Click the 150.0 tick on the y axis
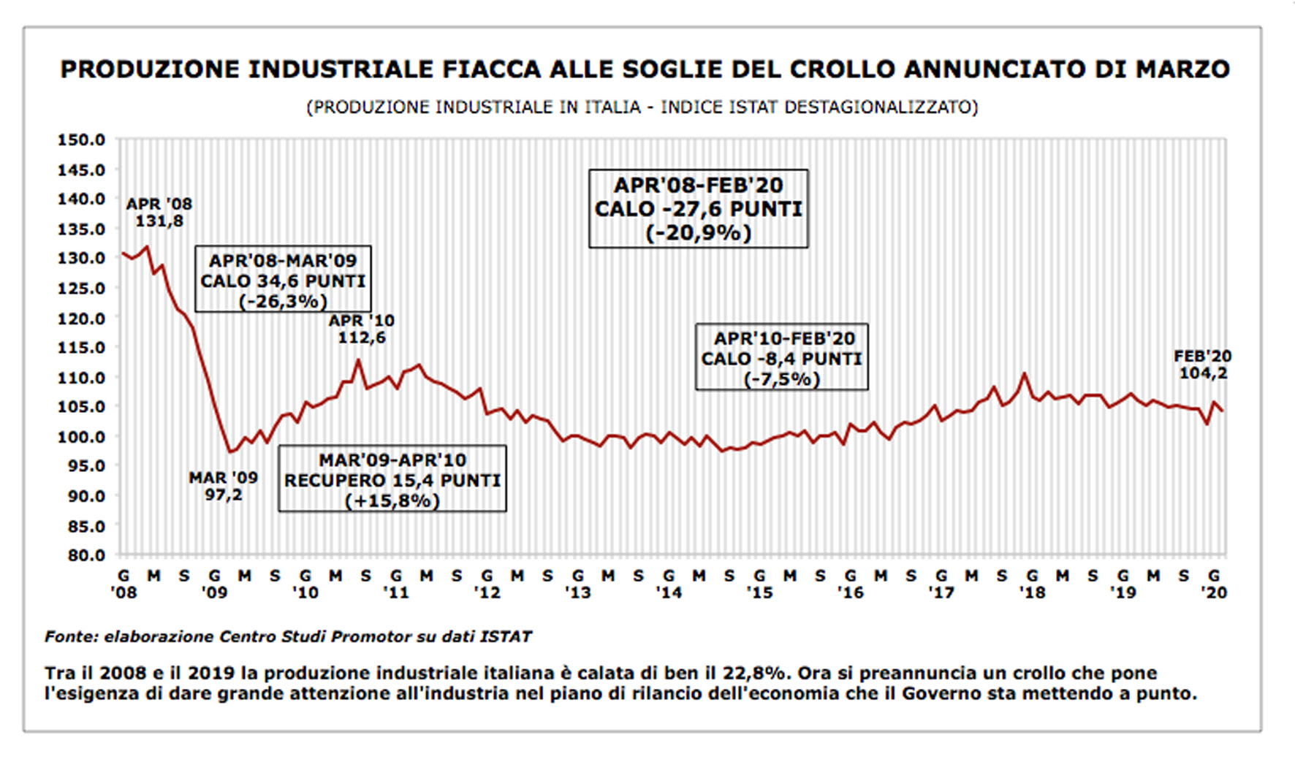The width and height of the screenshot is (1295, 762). point(81,140)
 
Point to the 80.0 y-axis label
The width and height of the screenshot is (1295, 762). point(81,555)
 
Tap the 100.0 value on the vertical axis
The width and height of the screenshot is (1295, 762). point(81,437)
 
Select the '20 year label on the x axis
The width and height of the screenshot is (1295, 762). point(1215,593)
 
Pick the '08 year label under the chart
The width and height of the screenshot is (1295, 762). point(124,593)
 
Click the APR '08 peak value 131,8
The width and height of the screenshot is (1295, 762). point(159,221)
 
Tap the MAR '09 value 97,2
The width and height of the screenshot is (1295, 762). point(223,495)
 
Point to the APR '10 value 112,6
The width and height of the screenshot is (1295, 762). point(361,338)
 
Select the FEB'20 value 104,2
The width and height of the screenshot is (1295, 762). point(1203,373)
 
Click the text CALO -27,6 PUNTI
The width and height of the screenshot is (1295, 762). point(698,210)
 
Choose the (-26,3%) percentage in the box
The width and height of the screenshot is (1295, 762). point(283,302)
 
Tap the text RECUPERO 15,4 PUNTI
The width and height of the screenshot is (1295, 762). point(392,481)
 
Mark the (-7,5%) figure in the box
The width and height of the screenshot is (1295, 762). point(781,379)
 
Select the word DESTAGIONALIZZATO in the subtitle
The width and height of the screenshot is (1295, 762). point(881,107)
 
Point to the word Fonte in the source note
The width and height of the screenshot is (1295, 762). point(71,636)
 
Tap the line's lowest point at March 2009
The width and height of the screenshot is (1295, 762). point(229,452)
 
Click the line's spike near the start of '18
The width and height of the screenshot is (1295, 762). point(1024,374)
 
